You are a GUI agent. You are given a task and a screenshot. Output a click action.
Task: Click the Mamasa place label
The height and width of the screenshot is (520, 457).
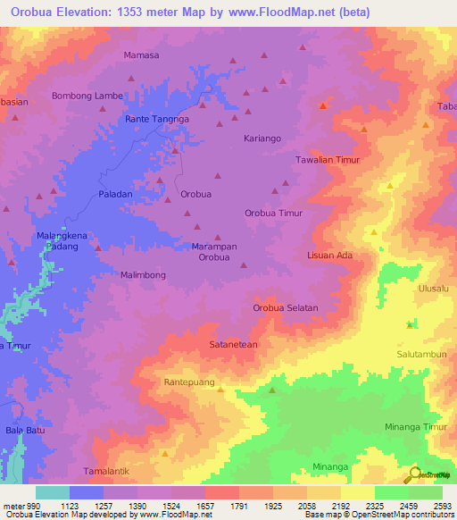[x=141, y=55]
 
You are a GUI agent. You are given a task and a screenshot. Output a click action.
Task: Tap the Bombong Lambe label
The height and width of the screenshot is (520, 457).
[x=87, y=96]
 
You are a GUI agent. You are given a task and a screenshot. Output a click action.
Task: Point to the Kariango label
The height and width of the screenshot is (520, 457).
[x=262, y=138]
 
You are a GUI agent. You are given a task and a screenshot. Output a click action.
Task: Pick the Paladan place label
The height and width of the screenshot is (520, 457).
[x=115, y=194]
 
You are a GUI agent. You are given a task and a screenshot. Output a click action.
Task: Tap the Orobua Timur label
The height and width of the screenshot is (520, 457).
[x=274, y=214]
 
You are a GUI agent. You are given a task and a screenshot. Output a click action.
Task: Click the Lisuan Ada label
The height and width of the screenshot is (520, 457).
[x=330, y=256]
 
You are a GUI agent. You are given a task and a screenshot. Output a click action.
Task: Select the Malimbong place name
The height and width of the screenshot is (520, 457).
[x=143, y=276]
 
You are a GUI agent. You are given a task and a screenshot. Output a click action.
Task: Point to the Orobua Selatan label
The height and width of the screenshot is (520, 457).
[x=286, y=308]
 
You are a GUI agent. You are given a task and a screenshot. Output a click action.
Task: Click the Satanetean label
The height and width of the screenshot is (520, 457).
[x=233, y=344]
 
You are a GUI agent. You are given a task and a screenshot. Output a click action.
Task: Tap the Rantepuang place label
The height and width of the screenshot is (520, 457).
[x=190, y=382]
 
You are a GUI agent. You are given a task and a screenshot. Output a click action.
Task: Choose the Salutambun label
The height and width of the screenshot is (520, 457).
[x=421, y=354]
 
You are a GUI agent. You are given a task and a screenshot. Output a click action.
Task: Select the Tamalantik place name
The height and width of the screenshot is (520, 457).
[x=108, y=470]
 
